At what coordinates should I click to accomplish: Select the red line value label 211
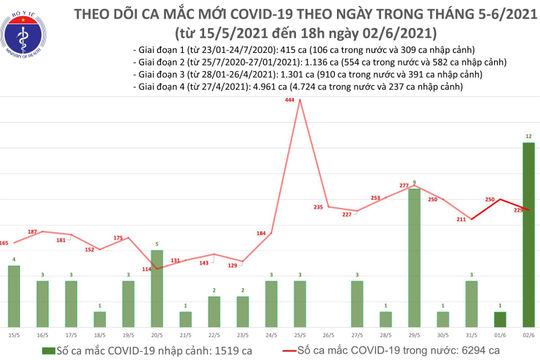(x=462, y=218)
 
